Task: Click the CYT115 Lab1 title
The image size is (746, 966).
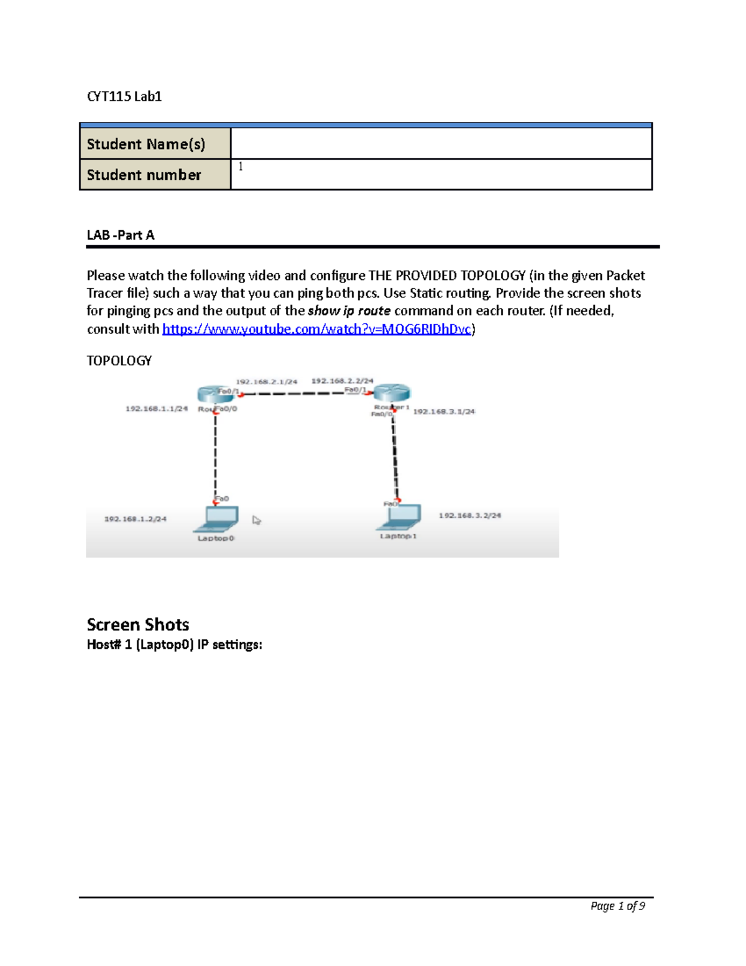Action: pos(124,96)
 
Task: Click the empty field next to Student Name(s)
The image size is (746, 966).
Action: pos(441,144)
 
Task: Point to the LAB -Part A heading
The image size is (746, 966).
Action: pos(121,235)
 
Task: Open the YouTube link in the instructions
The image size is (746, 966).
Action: pos(316,329)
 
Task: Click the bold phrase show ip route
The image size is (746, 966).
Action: pos(349,311)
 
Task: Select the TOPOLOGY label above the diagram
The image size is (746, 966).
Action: pos(119,361)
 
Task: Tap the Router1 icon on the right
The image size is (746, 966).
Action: pos(392,392)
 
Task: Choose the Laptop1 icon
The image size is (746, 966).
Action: pos(400,516)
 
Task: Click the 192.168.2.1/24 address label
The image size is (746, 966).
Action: pos(266,381)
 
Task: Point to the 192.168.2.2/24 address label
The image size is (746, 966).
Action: pos(342,380)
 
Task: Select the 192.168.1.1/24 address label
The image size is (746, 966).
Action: pos(157,409)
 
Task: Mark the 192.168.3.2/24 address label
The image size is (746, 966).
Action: pos(469,515)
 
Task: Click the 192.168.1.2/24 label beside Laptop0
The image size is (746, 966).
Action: pos(135,519)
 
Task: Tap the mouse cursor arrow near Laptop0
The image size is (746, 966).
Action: pos(256,520)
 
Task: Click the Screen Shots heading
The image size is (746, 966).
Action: pos(138,625)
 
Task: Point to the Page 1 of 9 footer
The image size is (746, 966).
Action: pos(617,906)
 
